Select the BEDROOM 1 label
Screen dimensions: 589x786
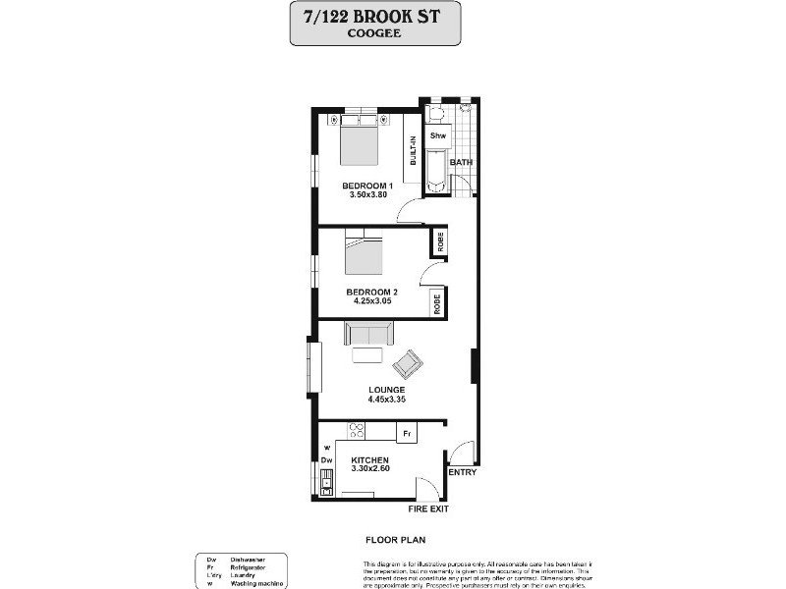pyautogui.click(x=367, y=186)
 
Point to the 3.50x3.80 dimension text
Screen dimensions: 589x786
pyautogui.click(x=367, y=195)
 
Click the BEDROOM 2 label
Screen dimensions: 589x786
pyautogui.click(x=372, y=292)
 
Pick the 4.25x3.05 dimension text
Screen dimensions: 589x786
pyautogui.click(x=372, y=301)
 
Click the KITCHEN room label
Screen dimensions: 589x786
pyautogui.click(x=369, y=460)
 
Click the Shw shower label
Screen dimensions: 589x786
pyautogui.click(x=438, y=135)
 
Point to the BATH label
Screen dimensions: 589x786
pyautogui.click(x=461, y=162)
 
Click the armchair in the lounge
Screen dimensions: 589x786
pyautogui.click(x=408, y=364)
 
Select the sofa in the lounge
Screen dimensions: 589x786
pyautogui.click(x=368, y=337)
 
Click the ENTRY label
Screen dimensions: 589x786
pyautogui.click(x=462, y=473)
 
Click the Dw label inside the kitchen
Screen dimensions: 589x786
pyautogui.click(x=327, y=460)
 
